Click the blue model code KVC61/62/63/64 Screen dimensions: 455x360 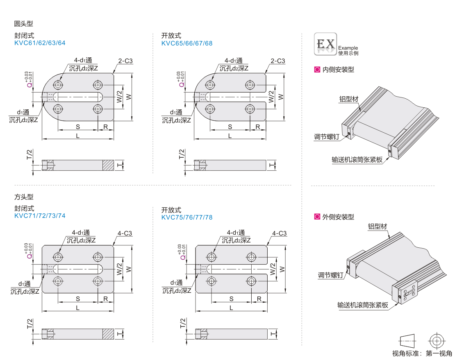click(x=40, y=43)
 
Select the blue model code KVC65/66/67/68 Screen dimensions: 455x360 click(x=187, y=43)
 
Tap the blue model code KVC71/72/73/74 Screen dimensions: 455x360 click(x=40, y=216)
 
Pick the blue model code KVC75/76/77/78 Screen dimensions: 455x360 click(x=187, y=217)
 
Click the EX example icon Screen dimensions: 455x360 click(x=325, y=44)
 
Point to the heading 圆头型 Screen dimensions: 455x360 click(x=23, y=23)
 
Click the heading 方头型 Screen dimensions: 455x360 click(x=23, y=197)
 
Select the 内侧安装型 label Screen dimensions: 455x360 click(x=338, y=70)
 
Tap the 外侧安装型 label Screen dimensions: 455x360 click(x=338, y=217)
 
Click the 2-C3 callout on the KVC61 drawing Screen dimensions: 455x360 click(x=125, y=61)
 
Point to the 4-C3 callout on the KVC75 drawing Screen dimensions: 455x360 click(x=280, y=233)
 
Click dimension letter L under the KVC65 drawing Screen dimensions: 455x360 click(x=230, y=136)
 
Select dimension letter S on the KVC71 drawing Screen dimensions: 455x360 click(x=78, y=299)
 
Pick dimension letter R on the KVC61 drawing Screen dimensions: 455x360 click(x=106, y=127)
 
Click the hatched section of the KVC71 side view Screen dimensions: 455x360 click(x=108, y=334)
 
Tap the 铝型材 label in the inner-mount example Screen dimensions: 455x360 click(x=349, y=99)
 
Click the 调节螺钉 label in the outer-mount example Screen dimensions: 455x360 click(x=330, y=275)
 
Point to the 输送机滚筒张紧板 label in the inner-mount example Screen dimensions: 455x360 click(x=357, y=160)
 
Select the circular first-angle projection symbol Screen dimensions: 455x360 click(x=437, y=341)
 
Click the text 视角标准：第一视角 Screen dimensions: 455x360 click(x=422, y=353)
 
